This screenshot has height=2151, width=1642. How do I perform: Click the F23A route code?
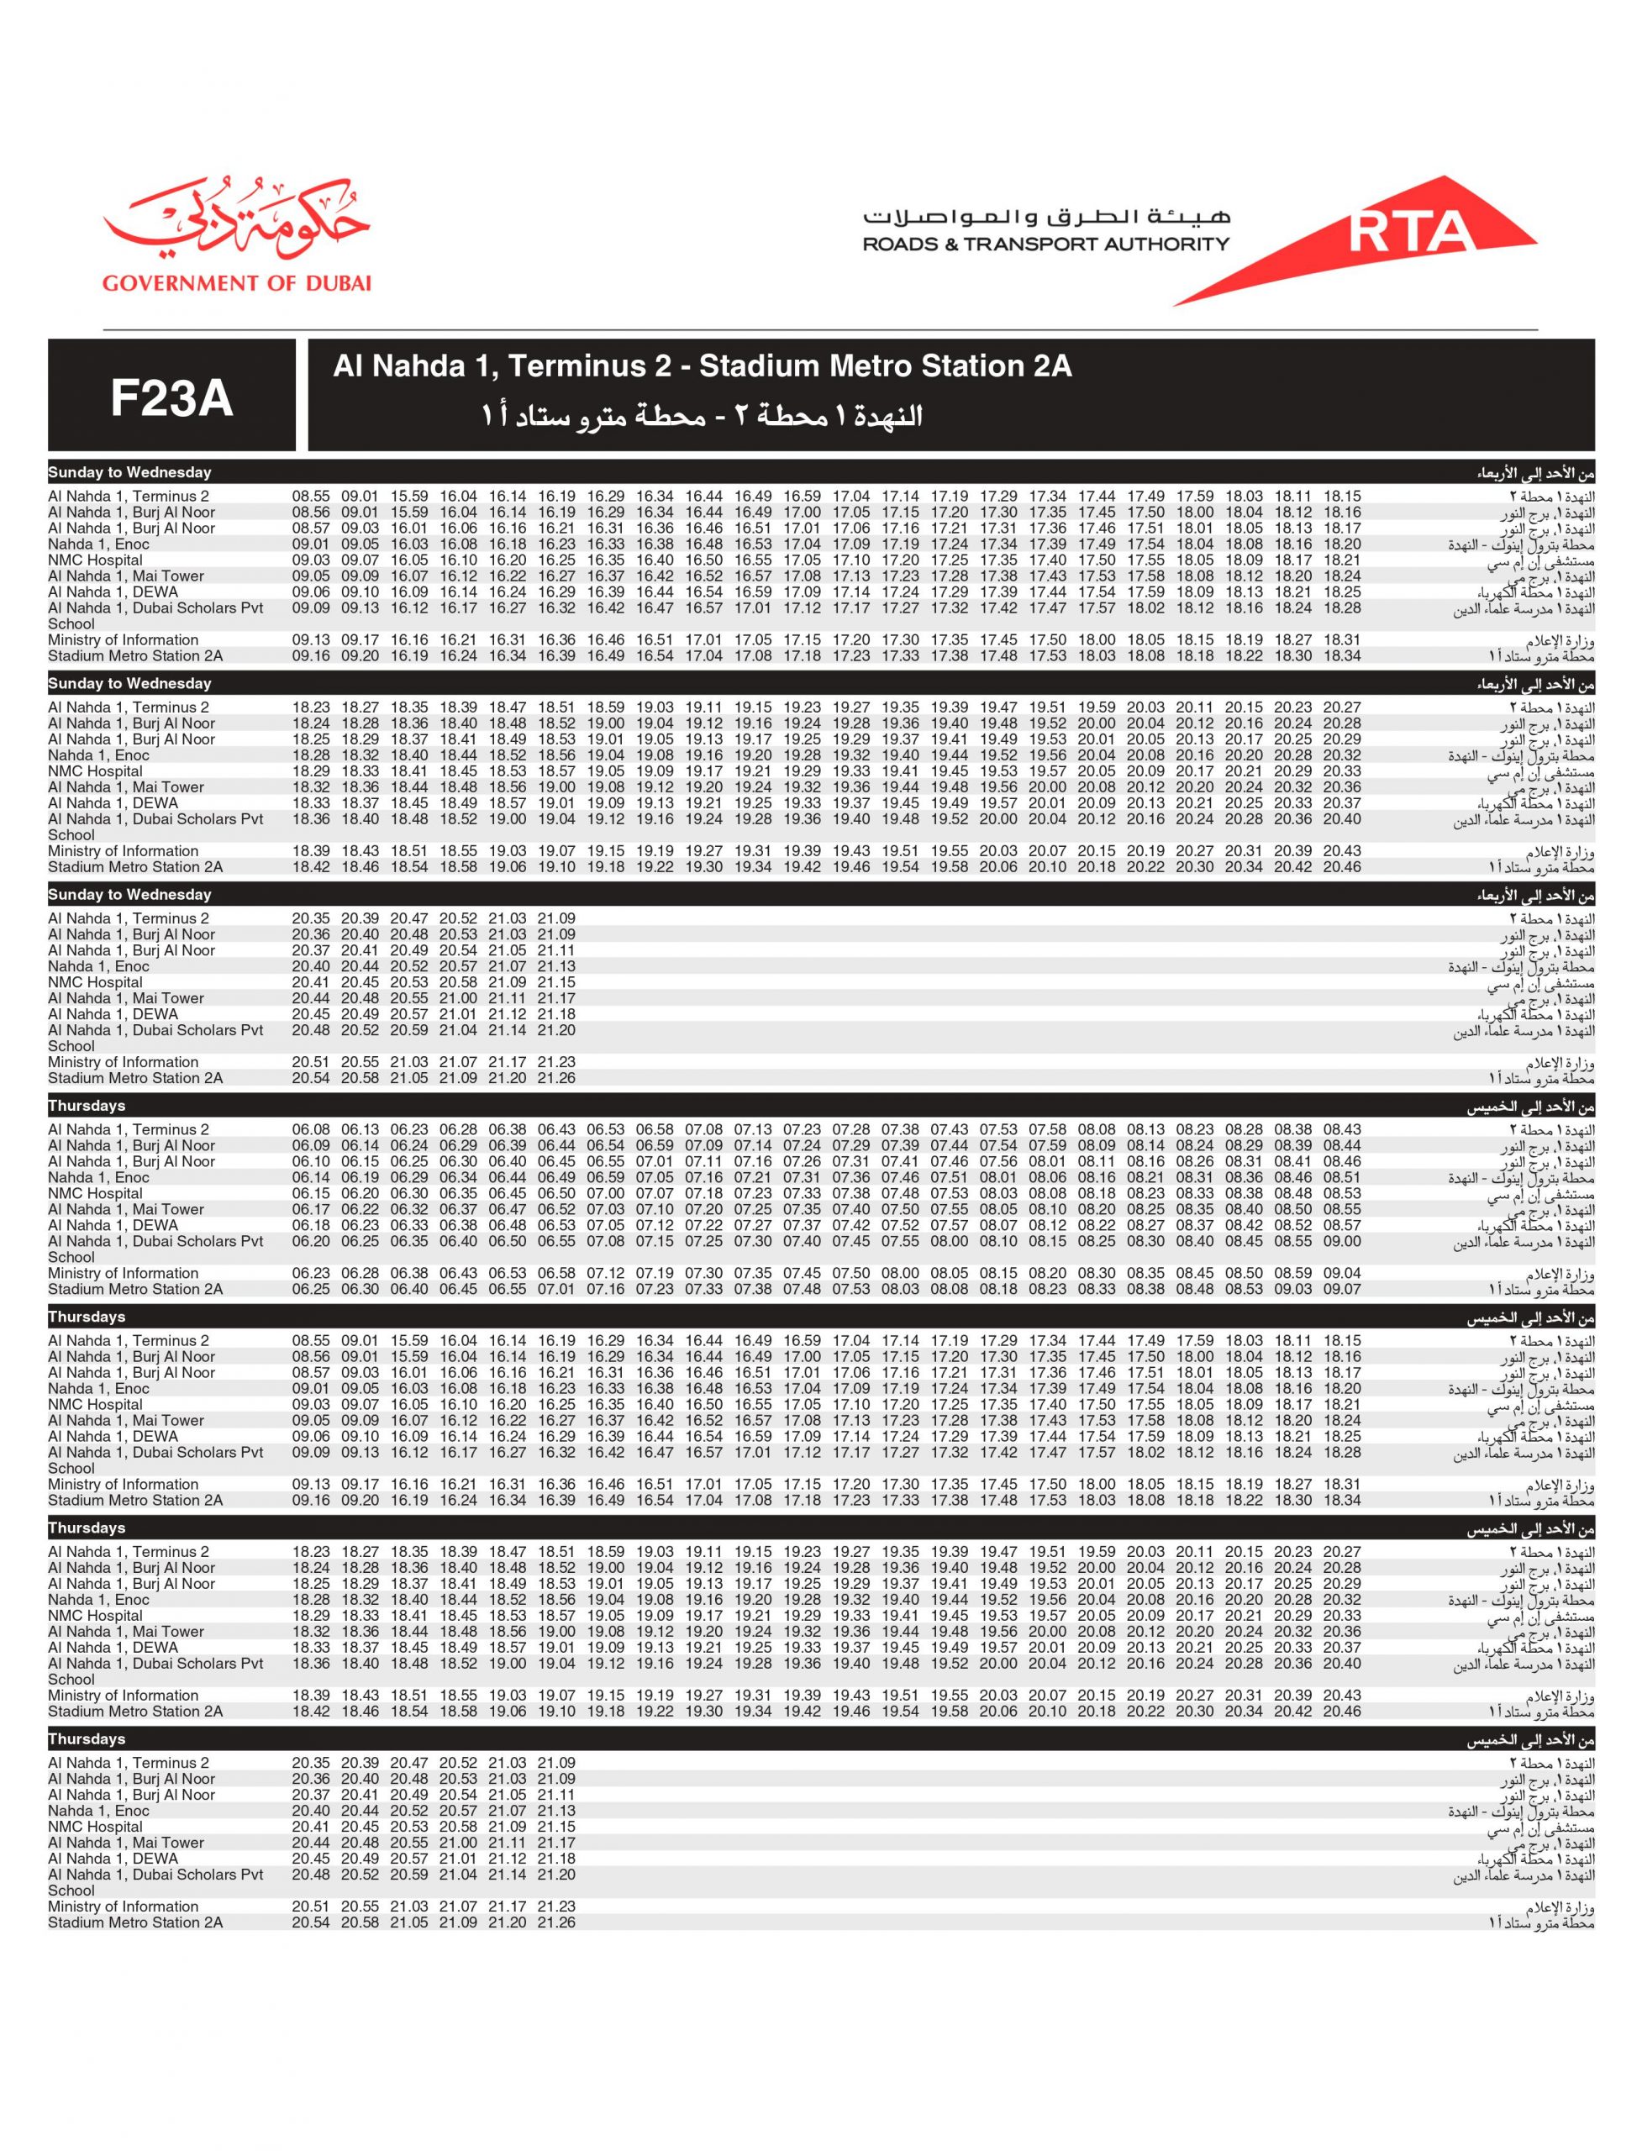171,397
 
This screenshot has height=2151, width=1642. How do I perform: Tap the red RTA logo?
1408,233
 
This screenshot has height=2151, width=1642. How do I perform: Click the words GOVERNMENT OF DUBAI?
236,283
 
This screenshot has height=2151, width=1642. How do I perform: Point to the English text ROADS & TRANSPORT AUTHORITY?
1045,245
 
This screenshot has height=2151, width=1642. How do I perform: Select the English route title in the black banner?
702,366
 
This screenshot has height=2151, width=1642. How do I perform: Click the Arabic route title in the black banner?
702,416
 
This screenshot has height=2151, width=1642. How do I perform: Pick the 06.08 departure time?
311,1130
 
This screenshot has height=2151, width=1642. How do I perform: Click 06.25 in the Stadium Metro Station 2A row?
311,1289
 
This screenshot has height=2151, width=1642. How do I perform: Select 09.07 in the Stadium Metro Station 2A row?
1342,1289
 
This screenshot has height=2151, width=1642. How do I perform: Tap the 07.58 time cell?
1047,1130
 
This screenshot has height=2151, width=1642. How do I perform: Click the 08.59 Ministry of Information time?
1293,1274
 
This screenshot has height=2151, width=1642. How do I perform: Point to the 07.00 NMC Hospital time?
605,1193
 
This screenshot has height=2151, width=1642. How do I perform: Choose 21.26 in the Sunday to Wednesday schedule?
556,1078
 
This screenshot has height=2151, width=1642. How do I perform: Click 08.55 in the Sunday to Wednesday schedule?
311,497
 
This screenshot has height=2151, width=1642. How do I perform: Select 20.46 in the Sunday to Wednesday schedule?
1342,867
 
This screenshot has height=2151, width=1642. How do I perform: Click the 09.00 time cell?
1342,1241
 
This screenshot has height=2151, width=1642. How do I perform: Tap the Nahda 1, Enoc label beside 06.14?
98,1178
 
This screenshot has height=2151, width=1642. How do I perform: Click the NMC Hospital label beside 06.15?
95,1193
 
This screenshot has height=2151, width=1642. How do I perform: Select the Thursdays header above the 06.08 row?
87,1107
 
